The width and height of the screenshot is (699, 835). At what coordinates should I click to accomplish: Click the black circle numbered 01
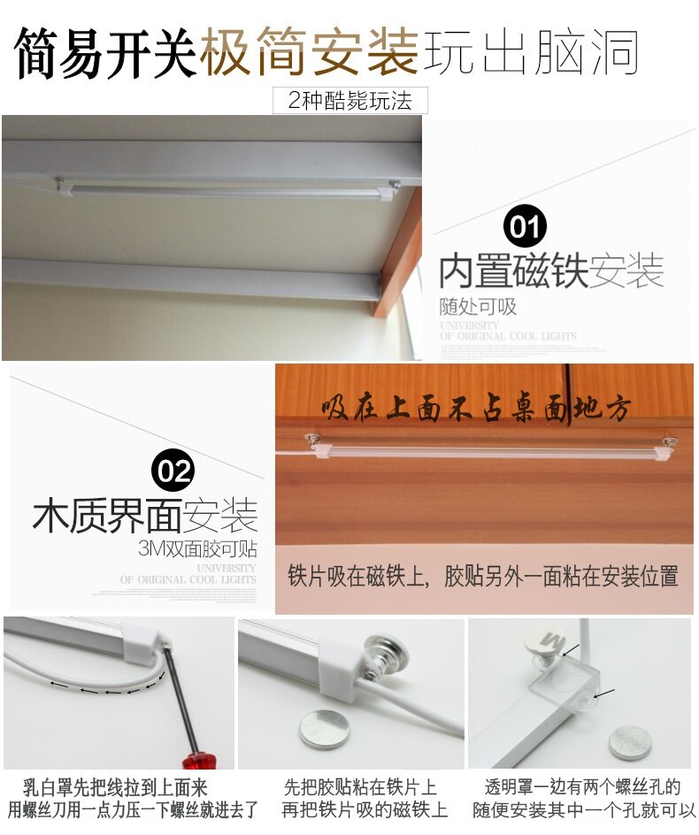pyautogui.click(x=525, y=227)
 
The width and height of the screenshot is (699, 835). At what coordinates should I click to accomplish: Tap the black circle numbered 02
pyautogui.click(x=173, y=471)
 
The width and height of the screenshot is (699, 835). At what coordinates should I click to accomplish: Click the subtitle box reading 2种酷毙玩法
pyautogui.click(x=350, y=101)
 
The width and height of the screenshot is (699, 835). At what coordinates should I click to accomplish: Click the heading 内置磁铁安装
pyautogui.click(x=550, y=272)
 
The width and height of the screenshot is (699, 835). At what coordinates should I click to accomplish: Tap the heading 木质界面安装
pyautogui.click(x=145, y=516)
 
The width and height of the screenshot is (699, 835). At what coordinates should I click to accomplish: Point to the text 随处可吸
pyautogui.click(x=478, y=308)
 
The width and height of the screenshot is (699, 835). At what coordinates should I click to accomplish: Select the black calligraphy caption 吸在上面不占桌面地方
pyautogui.click(x=477, y=410)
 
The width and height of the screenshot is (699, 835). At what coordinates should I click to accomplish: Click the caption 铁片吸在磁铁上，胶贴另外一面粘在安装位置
pyautogui.click(x=483, y=577)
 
